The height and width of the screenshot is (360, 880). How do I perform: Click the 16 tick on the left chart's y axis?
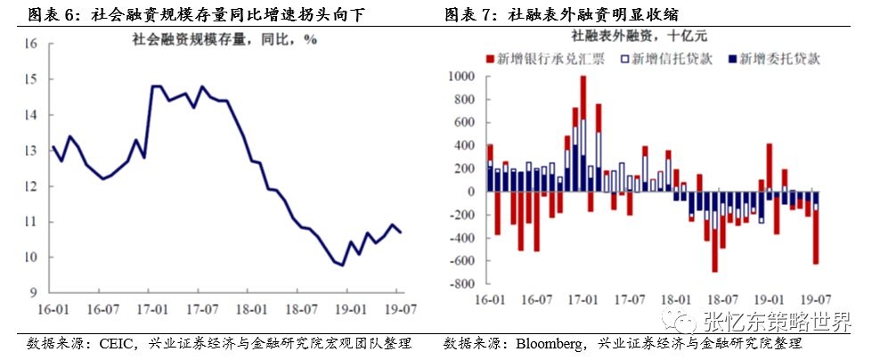[31, 44]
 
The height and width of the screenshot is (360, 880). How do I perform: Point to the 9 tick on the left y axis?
[34, 292]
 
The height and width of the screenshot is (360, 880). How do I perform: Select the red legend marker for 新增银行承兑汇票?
[490, 59]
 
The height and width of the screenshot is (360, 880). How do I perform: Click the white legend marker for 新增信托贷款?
[624, 59]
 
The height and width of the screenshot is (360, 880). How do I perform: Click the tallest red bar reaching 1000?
[583, 98]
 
